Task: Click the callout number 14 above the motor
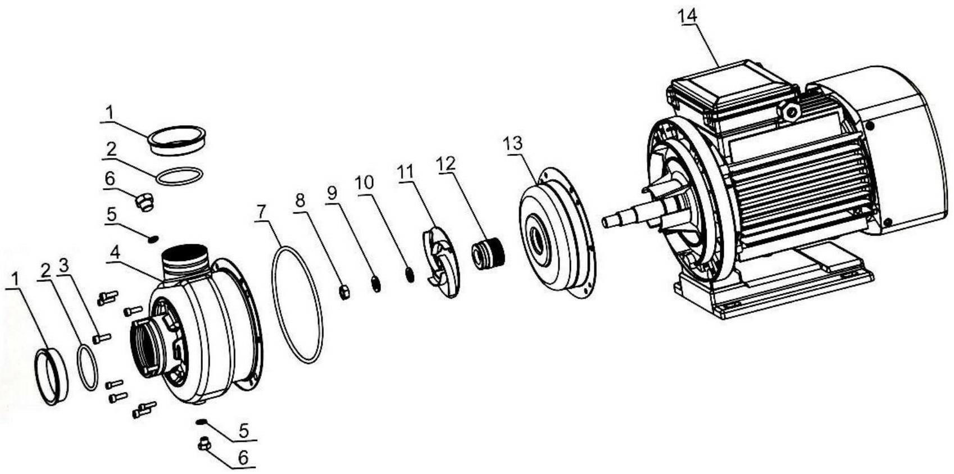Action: [688, 16]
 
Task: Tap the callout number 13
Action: [513, 144]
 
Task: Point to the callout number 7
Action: [261, 211]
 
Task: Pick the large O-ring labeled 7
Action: [297, 305]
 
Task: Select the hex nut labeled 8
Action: [344, 292]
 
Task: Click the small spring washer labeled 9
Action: [376, 284]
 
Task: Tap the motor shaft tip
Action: [605, 222]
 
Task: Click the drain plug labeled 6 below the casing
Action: [204, 444]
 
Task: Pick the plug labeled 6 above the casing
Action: [144, 202]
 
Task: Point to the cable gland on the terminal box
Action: [789, 112]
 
